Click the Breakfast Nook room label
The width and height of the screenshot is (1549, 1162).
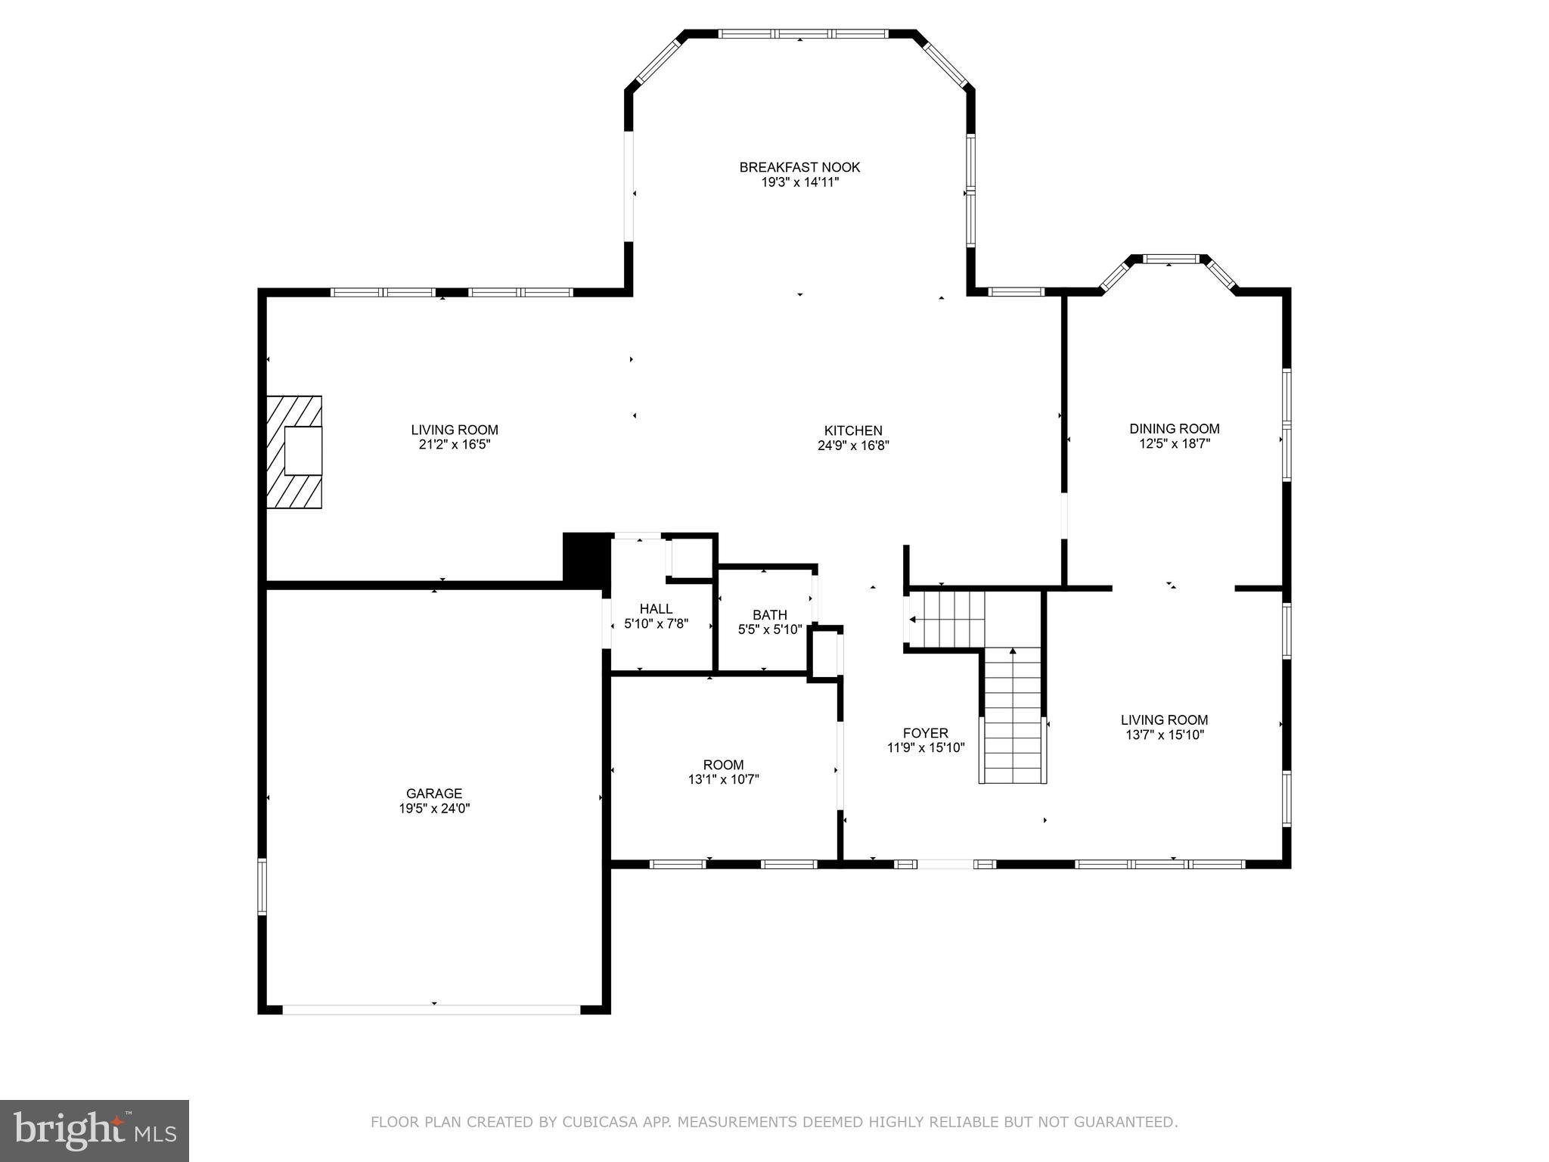click(799, 167)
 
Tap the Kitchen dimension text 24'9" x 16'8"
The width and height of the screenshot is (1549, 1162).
click(853, 446)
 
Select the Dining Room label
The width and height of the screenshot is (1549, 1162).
click(1175, 429)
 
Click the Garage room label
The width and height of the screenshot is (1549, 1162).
click(434, 794)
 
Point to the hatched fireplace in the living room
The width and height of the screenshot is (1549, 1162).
click(294, 452)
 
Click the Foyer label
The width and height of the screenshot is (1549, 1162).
click(926, 733)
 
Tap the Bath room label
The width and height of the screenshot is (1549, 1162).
click(770, 615)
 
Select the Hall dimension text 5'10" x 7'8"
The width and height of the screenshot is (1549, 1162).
click(656, 624)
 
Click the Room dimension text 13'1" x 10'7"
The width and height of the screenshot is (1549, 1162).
click(724, 779)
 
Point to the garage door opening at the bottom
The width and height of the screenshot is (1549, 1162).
click(431, 1009)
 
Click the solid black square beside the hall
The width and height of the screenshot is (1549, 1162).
click(586, 557)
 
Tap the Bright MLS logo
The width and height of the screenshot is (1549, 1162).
click(95, 1130)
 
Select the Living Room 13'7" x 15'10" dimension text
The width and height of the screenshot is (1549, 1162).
click(1165, 735)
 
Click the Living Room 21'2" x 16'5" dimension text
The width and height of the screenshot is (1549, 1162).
click(455, 445)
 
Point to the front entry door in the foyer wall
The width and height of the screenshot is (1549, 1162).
click(945, 864)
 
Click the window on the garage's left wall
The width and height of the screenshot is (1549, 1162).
click(262, 886)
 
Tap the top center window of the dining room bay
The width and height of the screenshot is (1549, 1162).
click(1170, 259)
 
